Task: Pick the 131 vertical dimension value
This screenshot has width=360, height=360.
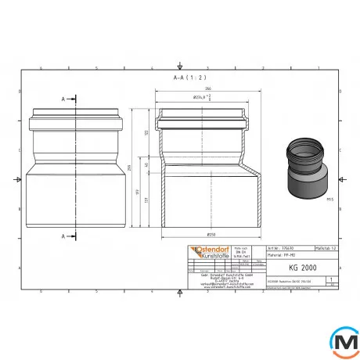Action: coord(146,201)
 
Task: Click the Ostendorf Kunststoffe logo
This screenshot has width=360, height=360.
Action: coord(199,251)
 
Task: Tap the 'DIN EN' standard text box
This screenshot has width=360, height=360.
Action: coord(232,252)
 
